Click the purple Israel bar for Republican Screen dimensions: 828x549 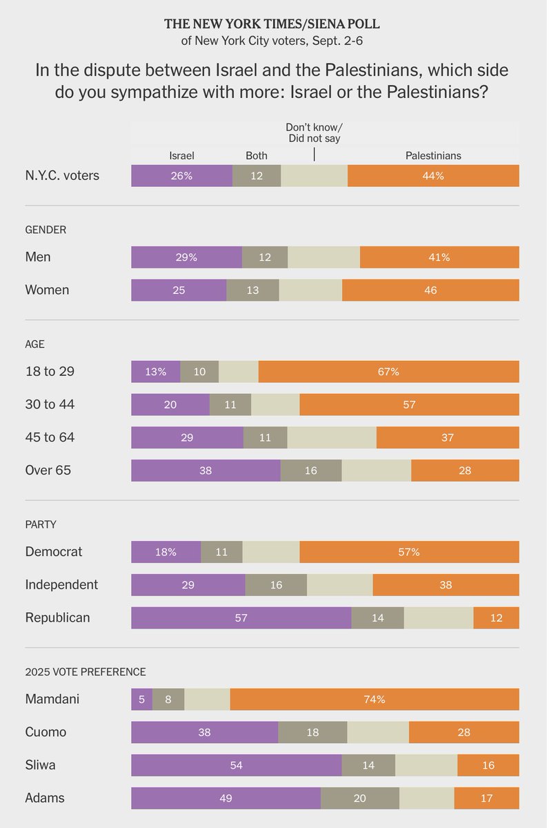(241, 618)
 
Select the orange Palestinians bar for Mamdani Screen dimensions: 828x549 (375, 699)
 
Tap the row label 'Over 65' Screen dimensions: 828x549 (48, 471)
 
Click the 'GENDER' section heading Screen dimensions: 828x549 (46, 230)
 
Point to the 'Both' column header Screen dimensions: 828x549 (257, 155)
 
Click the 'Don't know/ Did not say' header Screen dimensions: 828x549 (314, 132)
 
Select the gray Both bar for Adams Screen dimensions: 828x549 (359, 798)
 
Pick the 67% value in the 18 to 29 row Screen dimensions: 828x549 (388, 371)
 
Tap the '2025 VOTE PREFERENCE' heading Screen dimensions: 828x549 (86, 671)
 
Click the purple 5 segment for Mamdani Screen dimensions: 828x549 (141, 699)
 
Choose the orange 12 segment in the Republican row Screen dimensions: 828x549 (496, 618)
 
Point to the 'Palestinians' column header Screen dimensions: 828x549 (432, 155)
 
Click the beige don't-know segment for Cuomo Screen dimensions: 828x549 (378, 732)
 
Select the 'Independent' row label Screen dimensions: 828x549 (61, 584)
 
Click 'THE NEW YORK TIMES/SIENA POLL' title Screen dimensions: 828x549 (272, 24)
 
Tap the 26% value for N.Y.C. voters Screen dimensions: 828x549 (181, 176)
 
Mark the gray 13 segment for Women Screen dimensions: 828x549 (252, 290)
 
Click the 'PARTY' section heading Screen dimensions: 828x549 (41, 524)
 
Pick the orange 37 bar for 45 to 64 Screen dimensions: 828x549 (448, 437)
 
